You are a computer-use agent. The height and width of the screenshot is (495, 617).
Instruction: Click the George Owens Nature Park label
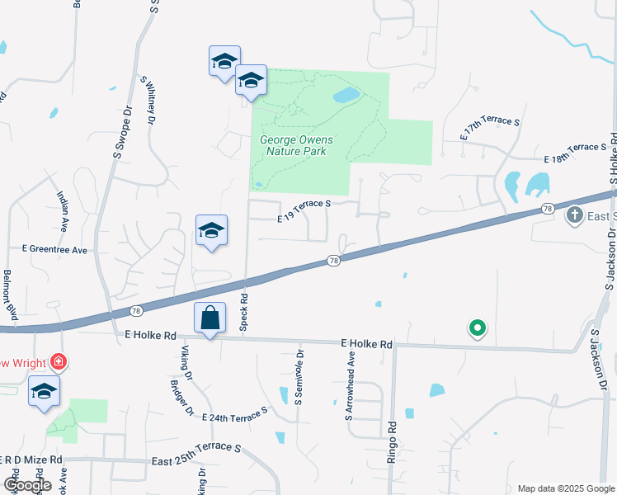click(293, 145)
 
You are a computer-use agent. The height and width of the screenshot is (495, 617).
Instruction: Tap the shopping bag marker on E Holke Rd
click(210, 318)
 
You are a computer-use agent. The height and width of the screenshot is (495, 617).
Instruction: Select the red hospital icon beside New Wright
click(58, 361)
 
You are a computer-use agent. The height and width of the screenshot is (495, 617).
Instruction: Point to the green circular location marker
click(477, 328)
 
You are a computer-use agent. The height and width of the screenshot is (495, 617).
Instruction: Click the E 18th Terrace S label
click(574, 152)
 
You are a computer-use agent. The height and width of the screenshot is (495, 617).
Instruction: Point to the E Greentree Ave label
click(54, 249)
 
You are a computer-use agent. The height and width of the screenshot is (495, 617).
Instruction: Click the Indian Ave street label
click(63, 213)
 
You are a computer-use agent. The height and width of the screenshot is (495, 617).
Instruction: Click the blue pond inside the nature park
click(345, 96)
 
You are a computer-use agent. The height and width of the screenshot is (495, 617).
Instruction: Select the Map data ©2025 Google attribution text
click(566, 488)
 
